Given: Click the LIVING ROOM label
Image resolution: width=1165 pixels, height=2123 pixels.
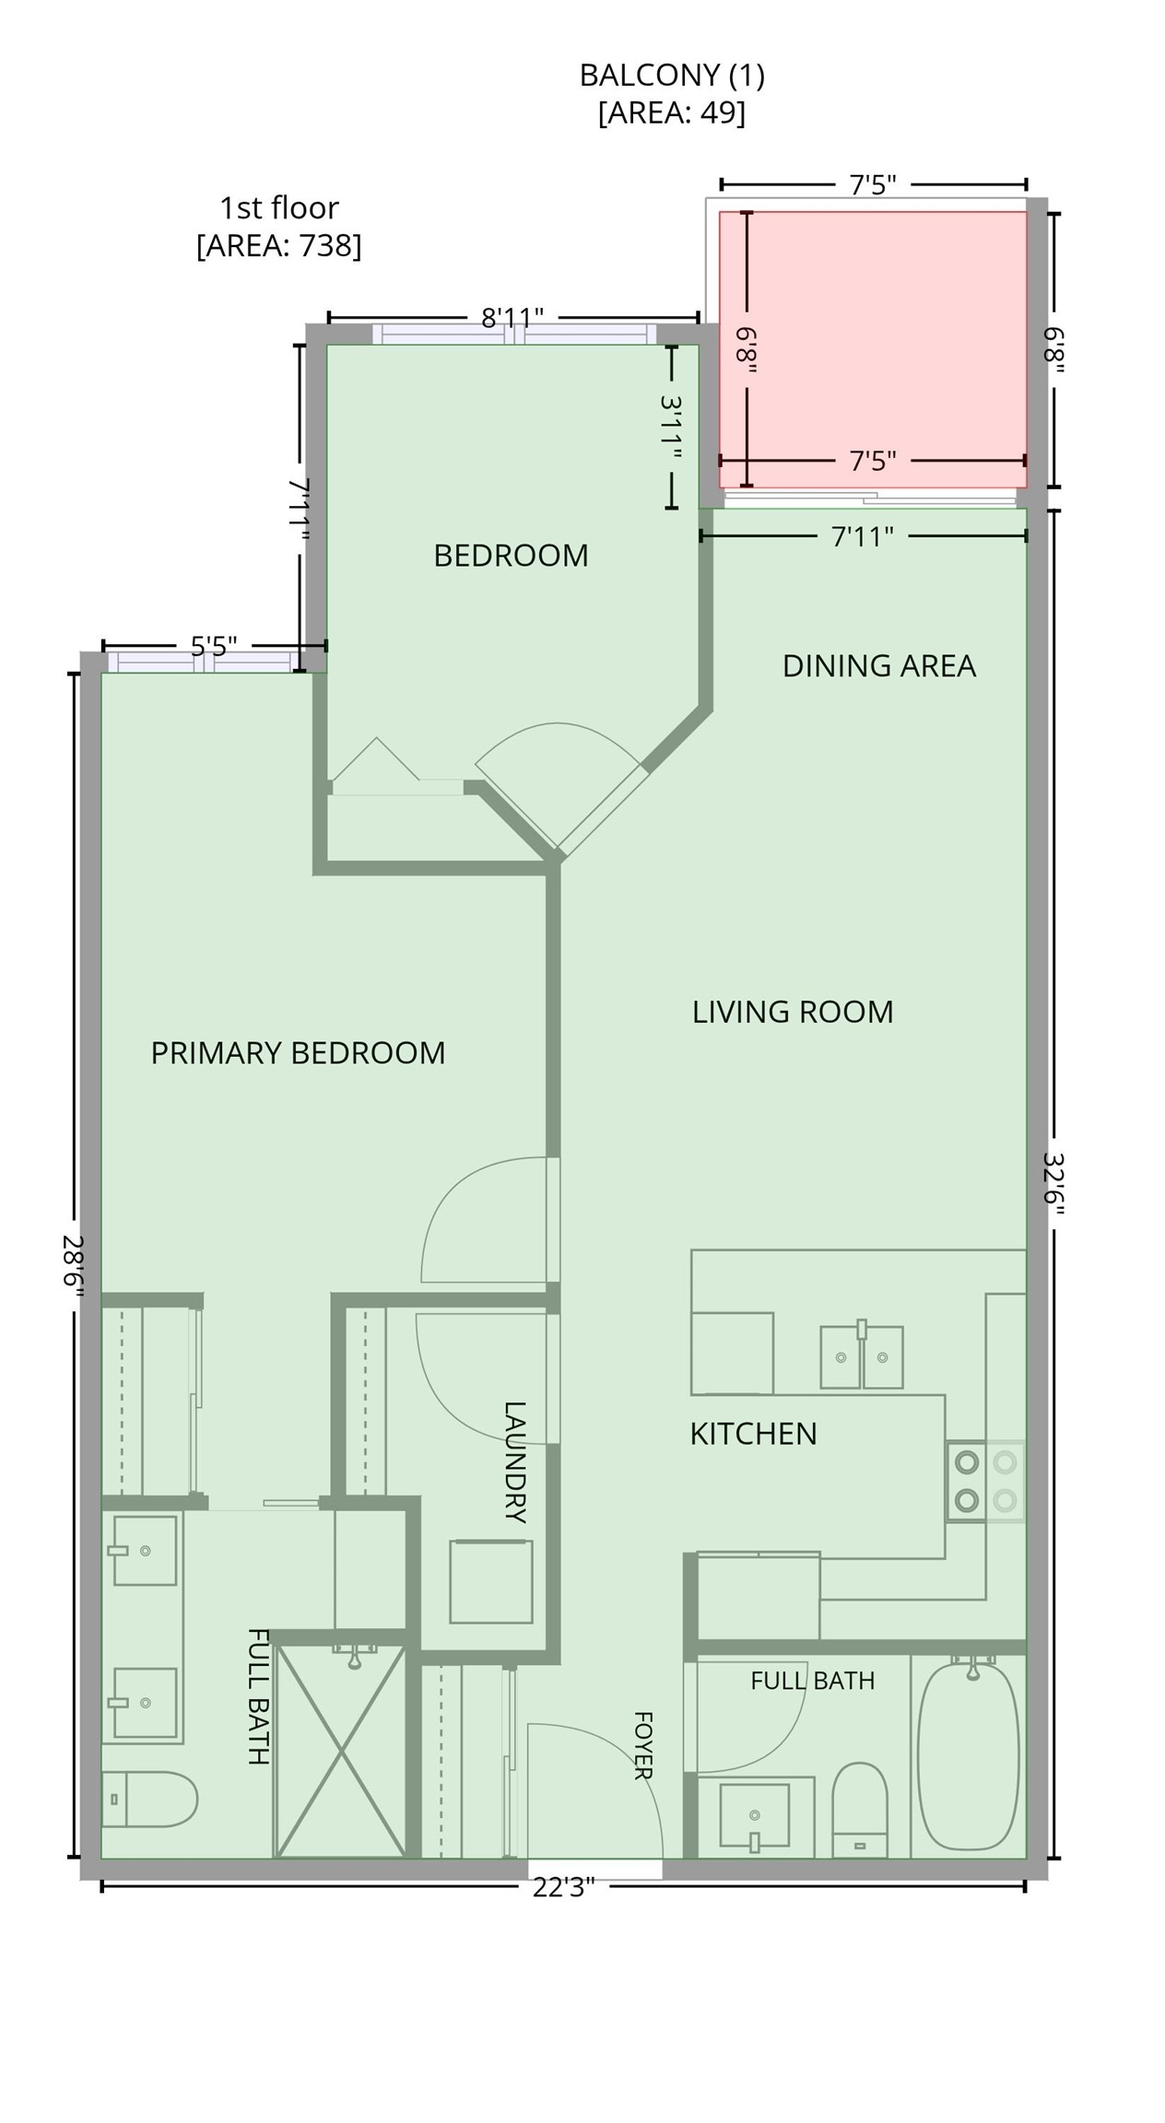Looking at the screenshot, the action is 793,1012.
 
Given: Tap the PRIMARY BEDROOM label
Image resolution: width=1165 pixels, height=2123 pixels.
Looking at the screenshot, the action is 298,1052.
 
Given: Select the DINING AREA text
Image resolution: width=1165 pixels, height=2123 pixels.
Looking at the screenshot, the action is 878,665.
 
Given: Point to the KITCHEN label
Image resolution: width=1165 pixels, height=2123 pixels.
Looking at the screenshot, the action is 753,1434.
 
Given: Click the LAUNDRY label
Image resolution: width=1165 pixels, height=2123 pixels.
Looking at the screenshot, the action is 514,1462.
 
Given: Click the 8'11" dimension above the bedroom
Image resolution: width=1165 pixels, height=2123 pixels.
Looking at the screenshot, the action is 512,318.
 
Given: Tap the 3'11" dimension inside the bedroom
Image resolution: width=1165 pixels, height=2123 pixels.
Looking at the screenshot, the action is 671,428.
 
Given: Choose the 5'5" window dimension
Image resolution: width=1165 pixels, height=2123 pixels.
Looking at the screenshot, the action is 214,645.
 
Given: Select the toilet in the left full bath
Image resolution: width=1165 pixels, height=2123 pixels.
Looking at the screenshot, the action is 148,1799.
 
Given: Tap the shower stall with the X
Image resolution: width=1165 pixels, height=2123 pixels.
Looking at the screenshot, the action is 341,1752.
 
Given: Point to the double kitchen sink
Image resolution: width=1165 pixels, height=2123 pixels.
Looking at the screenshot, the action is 862,1356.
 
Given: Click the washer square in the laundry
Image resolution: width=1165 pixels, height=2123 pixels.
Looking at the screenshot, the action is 490,1581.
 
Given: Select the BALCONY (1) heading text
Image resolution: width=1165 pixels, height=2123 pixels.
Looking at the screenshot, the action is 672,76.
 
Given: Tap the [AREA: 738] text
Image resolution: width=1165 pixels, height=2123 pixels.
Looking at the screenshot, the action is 279,246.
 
